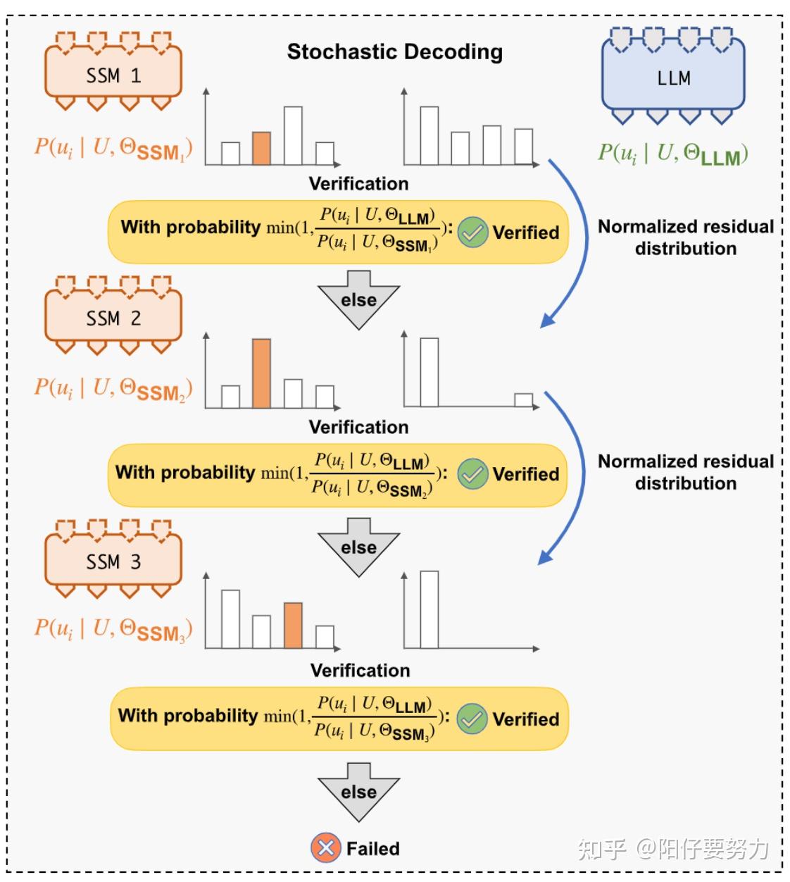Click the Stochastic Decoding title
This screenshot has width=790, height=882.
[394, 51]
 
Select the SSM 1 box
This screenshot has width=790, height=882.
[113, 74]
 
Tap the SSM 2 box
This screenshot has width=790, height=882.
[113, 318]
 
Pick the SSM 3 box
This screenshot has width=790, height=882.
[113, 561]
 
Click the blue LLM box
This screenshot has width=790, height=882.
[673, 77]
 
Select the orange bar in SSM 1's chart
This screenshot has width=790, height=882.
[261, 148]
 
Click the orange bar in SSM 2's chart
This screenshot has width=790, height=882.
[261, 373]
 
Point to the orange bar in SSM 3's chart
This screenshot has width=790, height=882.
[293, 625]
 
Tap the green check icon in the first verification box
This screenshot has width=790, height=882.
[472, 232]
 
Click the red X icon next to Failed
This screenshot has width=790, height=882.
[325, 847]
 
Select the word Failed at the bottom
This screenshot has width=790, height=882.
[372, 848]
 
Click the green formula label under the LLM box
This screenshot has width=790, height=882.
[672, 154]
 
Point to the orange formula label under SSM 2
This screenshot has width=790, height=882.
[113, 388]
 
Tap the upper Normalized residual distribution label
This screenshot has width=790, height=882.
[685, 237]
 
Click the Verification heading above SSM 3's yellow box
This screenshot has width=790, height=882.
[360, 670]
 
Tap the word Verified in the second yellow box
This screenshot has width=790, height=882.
[525, 474]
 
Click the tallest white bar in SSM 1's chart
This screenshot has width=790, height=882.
[293, 135]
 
